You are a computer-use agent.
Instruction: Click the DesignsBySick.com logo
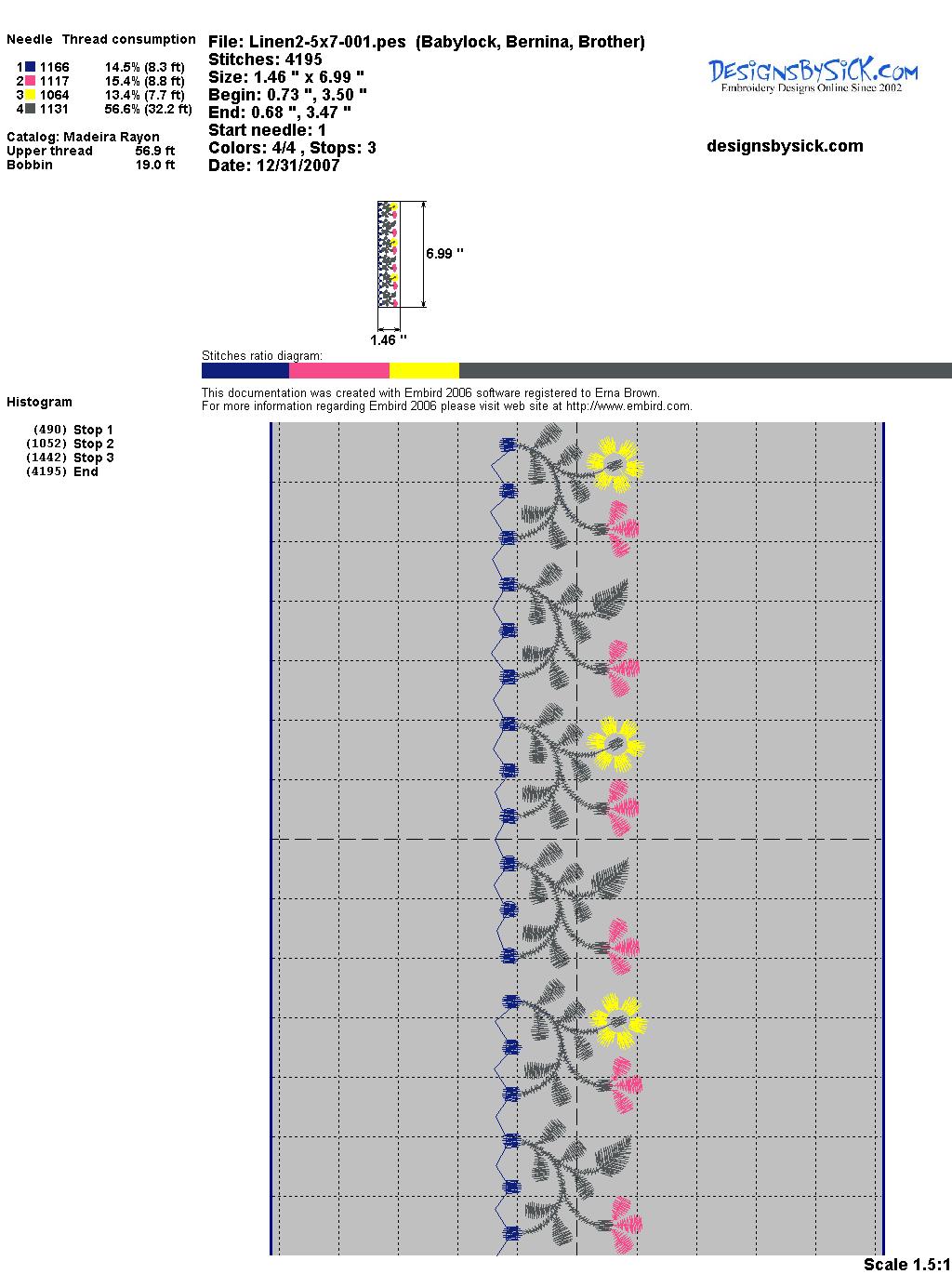pyautogui.click(x=813, y=74)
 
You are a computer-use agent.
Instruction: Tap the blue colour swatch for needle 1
pyautogui.click(x=31, y=67)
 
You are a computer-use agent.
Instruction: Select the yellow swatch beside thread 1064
pyautogui.click(x=31, y=95)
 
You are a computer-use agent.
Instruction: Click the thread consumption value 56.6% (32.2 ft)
pyautogui.click(x=148, y=109)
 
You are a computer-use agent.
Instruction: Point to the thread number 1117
pyautogui.click(x=54, y=81)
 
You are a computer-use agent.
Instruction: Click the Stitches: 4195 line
pyautogui.click(x=265, y=60)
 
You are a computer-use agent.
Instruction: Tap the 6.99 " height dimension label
pyautogui.click(x=444, y=253)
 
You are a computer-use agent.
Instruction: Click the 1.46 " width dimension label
pyautogui.click(x=389, y=340)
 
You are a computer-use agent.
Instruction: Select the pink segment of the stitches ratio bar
pyautogui.click(x=338, y=370)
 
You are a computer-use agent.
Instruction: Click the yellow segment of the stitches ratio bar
pyautogui.click(x=424, y=370)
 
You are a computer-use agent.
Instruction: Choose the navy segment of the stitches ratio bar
pyautogui.click(x=245, y=370)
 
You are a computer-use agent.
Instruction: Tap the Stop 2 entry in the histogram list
pyautogui.click(x=93, y=444)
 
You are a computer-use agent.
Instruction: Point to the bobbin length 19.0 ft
pyautogui.click(x=155, y=165)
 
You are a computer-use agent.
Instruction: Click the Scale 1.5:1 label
pyautogui.click(x=906, y=1264)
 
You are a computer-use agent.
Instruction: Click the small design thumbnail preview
pyautogui.click(x=389, y=254)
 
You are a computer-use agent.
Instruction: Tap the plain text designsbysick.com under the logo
pyautogui.click(x=785, y=146)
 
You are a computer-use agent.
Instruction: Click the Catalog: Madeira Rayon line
pyautogui.click(x=83, y=137)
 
